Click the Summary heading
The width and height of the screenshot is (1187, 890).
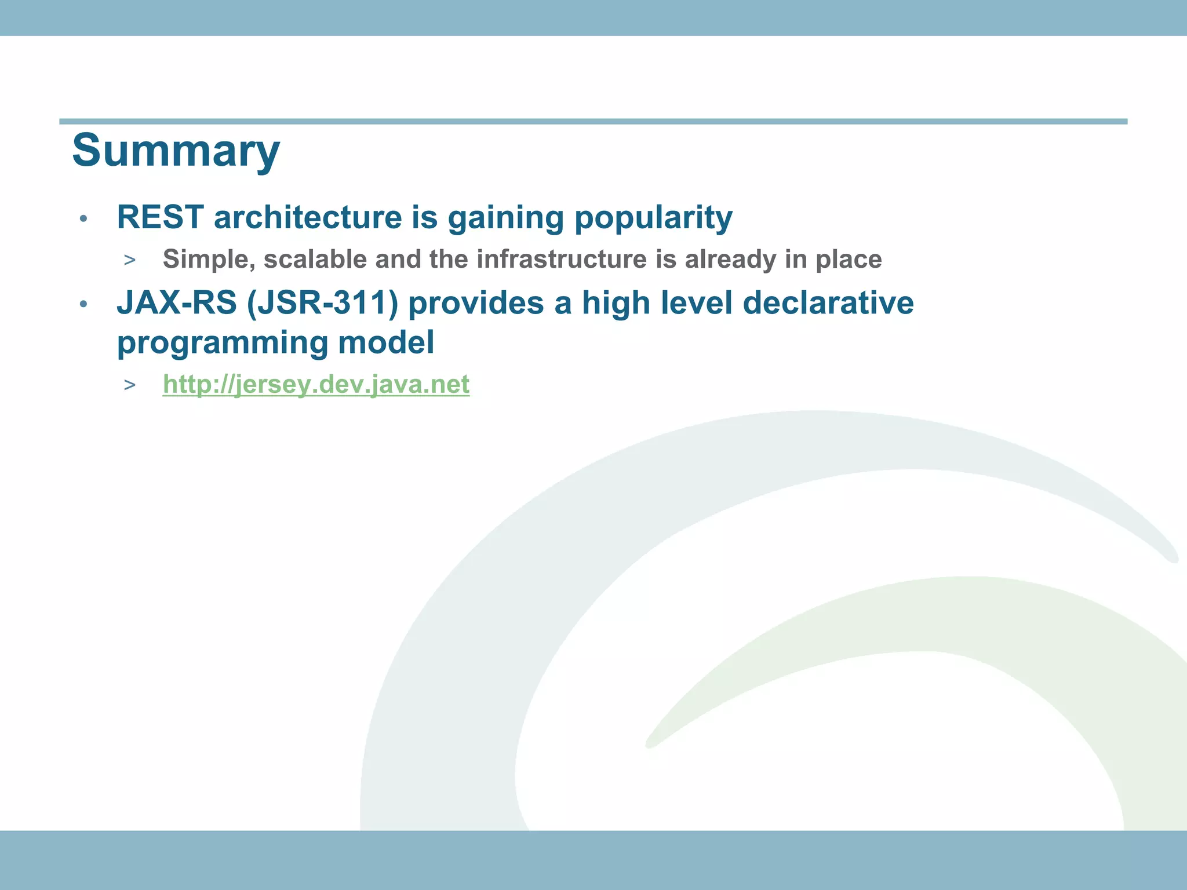(x=176, y=151)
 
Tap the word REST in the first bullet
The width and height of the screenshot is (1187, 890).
(x=160, y=217)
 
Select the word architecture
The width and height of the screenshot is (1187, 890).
(x=308, y=217)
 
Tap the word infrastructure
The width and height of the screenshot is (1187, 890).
(x=561, y=259)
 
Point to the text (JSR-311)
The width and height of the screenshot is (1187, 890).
(x=322, y=303)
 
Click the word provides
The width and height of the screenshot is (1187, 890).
(x=476, y=303)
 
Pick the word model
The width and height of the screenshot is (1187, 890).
(x=386, y=342)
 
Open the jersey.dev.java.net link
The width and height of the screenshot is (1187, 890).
(x=316, y=384)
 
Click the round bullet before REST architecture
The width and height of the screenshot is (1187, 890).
(x=83, y=219)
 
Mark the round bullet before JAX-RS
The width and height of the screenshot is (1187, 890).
(x=83, y=304)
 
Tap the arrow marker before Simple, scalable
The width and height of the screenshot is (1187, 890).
(x=129, y=260)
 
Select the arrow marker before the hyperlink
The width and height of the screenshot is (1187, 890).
(x=129, y=385)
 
